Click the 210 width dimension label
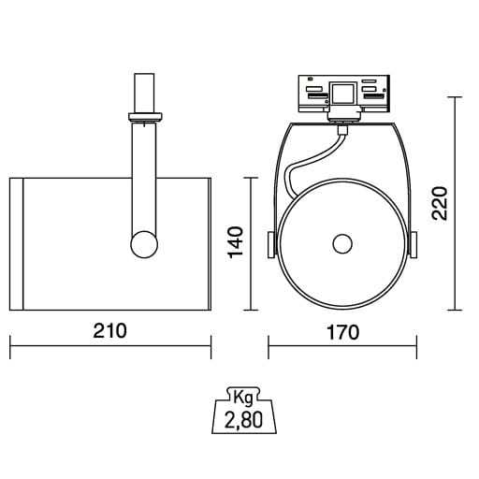click(x=110, y=331)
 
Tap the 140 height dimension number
click(x=236, y=242)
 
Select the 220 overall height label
click(x=440, y=204)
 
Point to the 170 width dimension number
click(x=343, y=332)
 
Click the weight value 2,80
click(x=244, y=419)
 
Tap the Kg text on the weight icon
click(x=243, y=399)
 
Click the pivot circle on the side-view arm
click(x=144, y=244)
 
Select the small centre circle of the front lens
click(x=342, y=244)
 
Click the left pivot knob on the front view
click(x=271, y=245)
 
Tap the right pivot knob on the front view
click(x=414, y=245)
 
